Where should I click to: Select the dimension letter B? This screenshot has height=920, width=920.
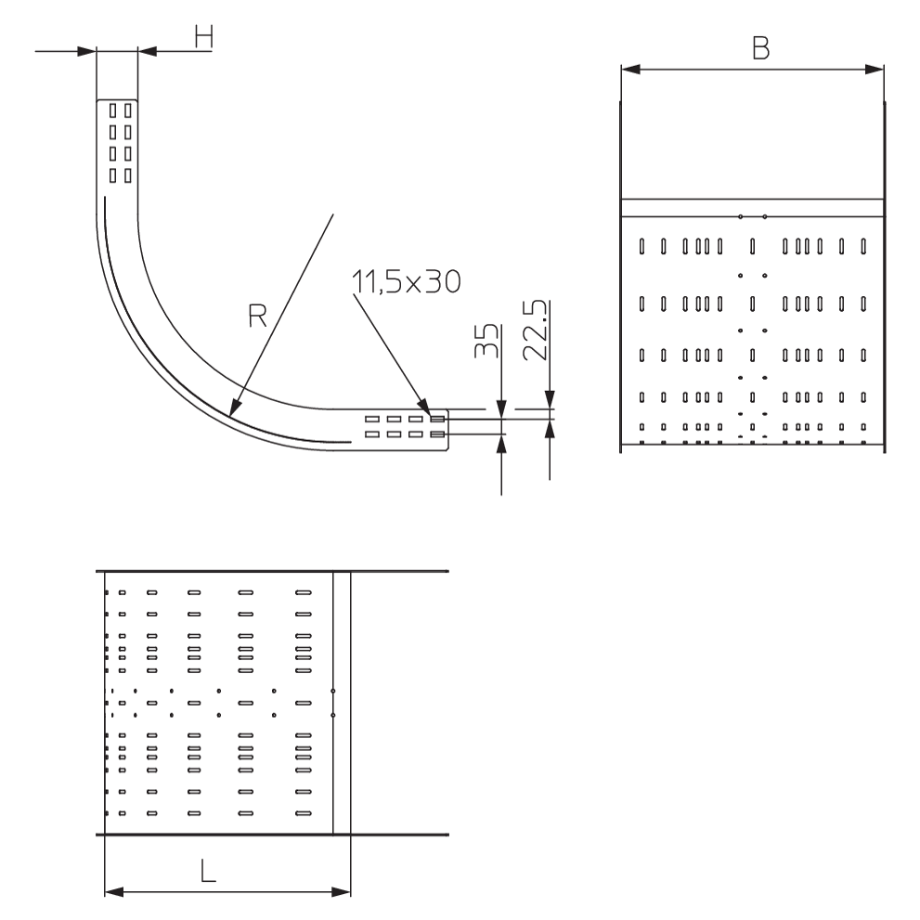coord(760,49)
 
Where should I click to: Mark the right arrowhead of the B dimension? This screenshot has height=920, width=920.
coord(872,69)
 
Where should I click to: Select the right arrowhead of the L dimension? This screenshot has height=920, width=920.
coord(341,893)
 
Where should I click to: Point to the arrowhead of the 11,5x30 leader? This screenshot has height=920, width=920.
coord(426,405)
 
